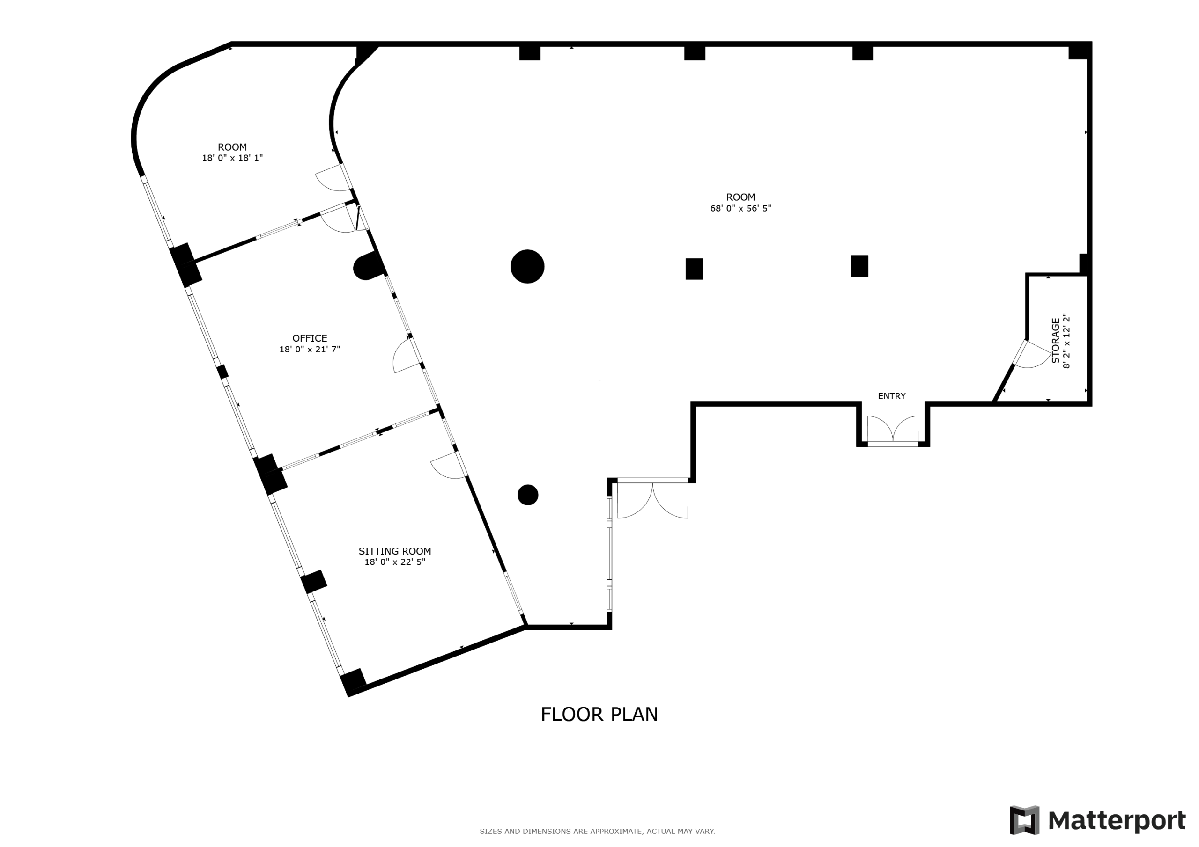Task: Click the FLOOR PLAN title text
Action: [599, 715]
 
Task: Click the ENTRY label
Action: [891, 396]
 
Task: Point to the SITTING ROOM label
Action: [394, 551]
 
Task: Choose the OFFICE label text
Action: [310, 338]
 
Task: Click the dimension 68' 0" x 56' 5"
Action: [740, 208]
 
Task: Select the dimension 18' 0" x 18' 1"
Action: [232, 158]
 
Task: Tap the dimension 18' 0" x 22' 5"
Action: [394, 562]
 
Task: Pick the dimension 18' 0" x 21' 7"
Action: [310, 349]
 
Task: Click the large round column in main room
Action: [527, 267]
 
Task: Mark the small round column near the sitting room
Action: [527, 495]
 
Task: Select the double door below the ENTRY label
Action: [893, 431]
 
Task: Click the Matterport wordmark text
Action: [1117, 821]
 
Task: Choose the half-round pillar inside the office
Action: [367, 267]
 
